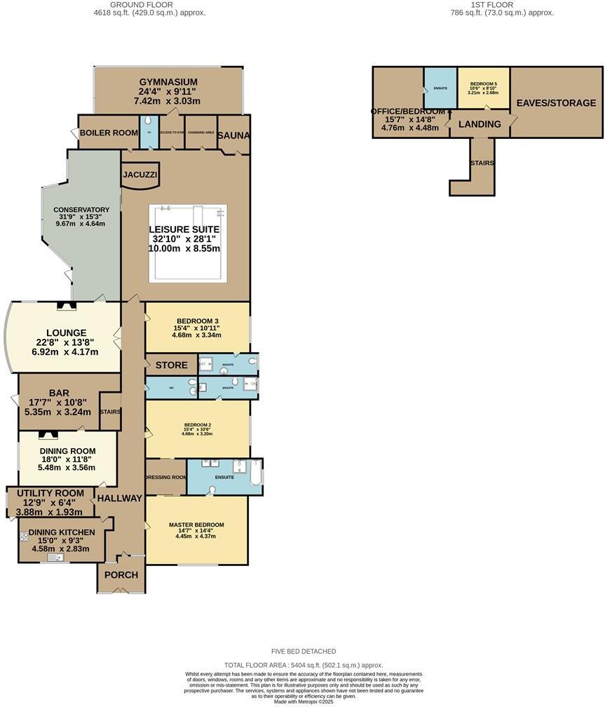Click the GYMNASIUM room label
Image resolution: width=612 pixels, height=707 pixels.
coord(168,82)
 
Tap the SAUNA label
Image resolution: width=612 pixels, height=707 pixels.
coord(233,135)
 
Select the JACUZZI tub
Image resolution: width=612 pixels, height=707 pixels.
coord(140,175)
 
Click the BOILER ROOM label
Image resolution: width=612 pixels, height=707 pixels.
coord(109,133)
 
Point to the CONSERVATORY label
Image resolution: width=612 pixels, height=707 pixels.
coord(81,210)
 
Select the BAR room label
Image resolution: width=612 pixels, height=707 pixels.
coord(59,393)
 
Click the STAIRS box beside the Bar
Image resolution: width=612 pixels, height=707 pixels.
coord(110,412)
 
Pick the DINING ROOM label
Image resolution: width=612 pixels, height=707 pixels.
coord(68,451)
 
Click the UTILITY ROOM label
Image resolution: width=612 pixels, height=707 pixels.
coord(50,493)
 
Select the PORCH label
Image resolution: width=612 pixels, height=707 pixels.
coord(121,575)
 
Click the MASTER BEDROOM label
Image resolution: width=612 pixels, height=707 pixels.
coord(196,525)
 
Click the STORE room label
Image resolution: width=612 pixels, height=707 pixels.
coord(171,365)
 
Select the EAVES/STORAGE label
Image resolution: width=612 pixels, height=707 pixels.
coord(556,103)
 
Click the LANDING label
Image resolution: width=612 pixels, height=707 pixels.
coord(480,124)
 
